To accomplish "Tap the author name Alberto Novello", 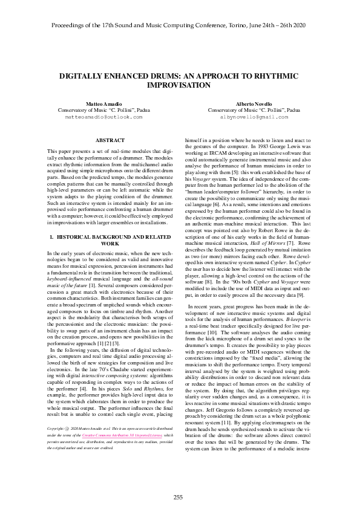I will click(254, 105).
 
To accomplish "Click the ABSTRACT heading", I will click(111, 140).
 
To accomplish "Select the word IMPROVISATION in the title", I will click(180, 86).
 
